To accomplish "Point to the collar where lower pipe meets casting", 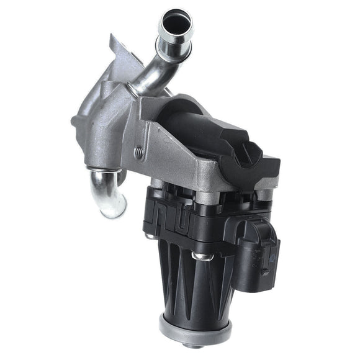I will [104, 168].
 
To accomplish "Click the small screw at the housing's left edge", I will [150, 236].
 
